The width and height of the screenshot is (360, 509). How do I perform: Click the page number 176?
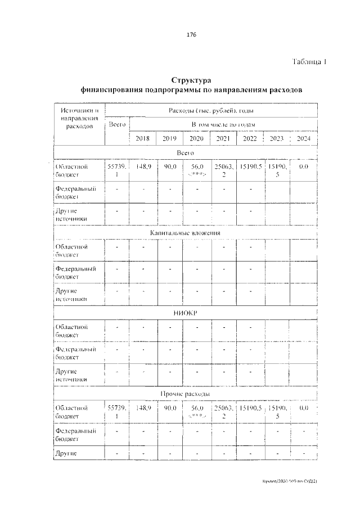pyautogui.click(x=191, y=35)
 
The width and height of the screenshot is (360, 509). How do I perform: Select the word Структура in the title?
pyautogui.click(x=191, y=80)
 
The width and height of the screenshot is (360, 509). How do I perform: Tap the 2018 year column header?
pyautogui.click(x=143, y=138)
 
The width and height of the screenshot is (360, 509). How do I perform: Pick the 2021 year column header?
pyautogui.click(x=223, y=138)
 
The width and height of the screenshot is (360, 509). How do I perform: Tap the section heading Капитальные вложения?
pyautogui.click(x=185, y=232)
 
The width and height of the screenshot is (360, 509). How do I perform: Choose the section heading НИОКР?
pyautogui.click(x=185, y=312)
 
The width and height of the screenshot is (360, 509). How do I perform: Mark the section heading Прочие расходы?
pyautogui.click(x=185, y=393)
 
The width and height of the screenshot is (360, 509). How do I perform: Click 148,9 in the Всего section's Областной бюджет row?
pyautogui.click(x=143, y=167)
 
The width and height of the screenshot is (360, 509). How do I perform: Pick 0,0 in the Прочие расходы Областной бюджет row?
pyautogui.click(x=304, y=408)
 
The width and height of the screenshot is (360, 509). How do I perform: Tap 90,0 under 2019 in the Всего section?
pyautogui.click(x=170, y=167)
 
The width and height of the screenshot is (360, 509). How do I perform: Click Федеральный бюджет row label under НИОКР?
pyautogui.click(x=75, y=353)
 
